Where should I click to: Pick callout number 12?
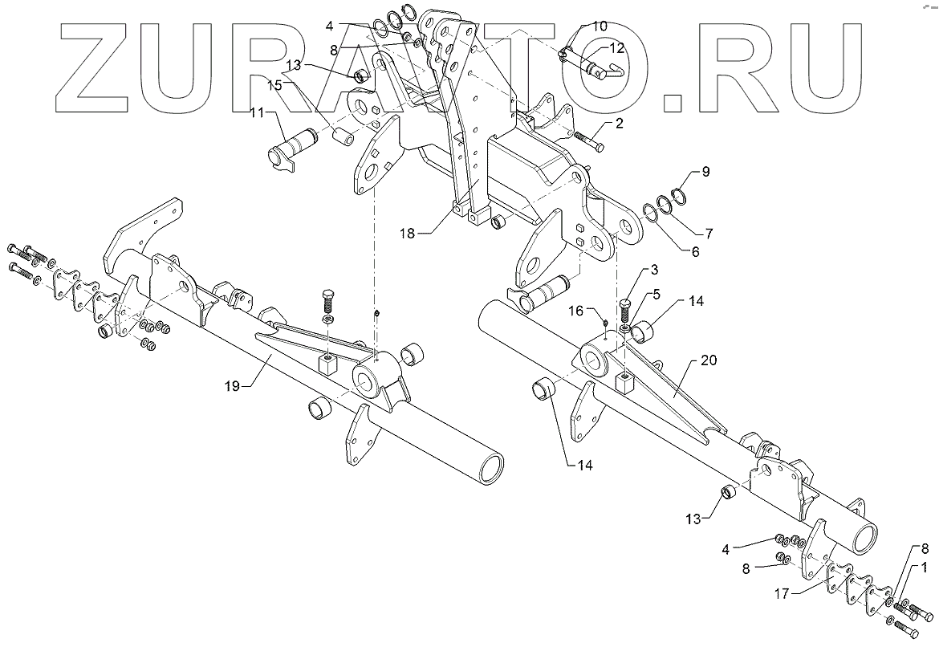pyautogui.click(x=616, y=49)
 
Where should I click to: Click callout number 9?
pyautogui.click(x=705, y=171)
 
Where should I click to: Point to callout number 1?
pyautogui.click(x=925, y=568)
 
